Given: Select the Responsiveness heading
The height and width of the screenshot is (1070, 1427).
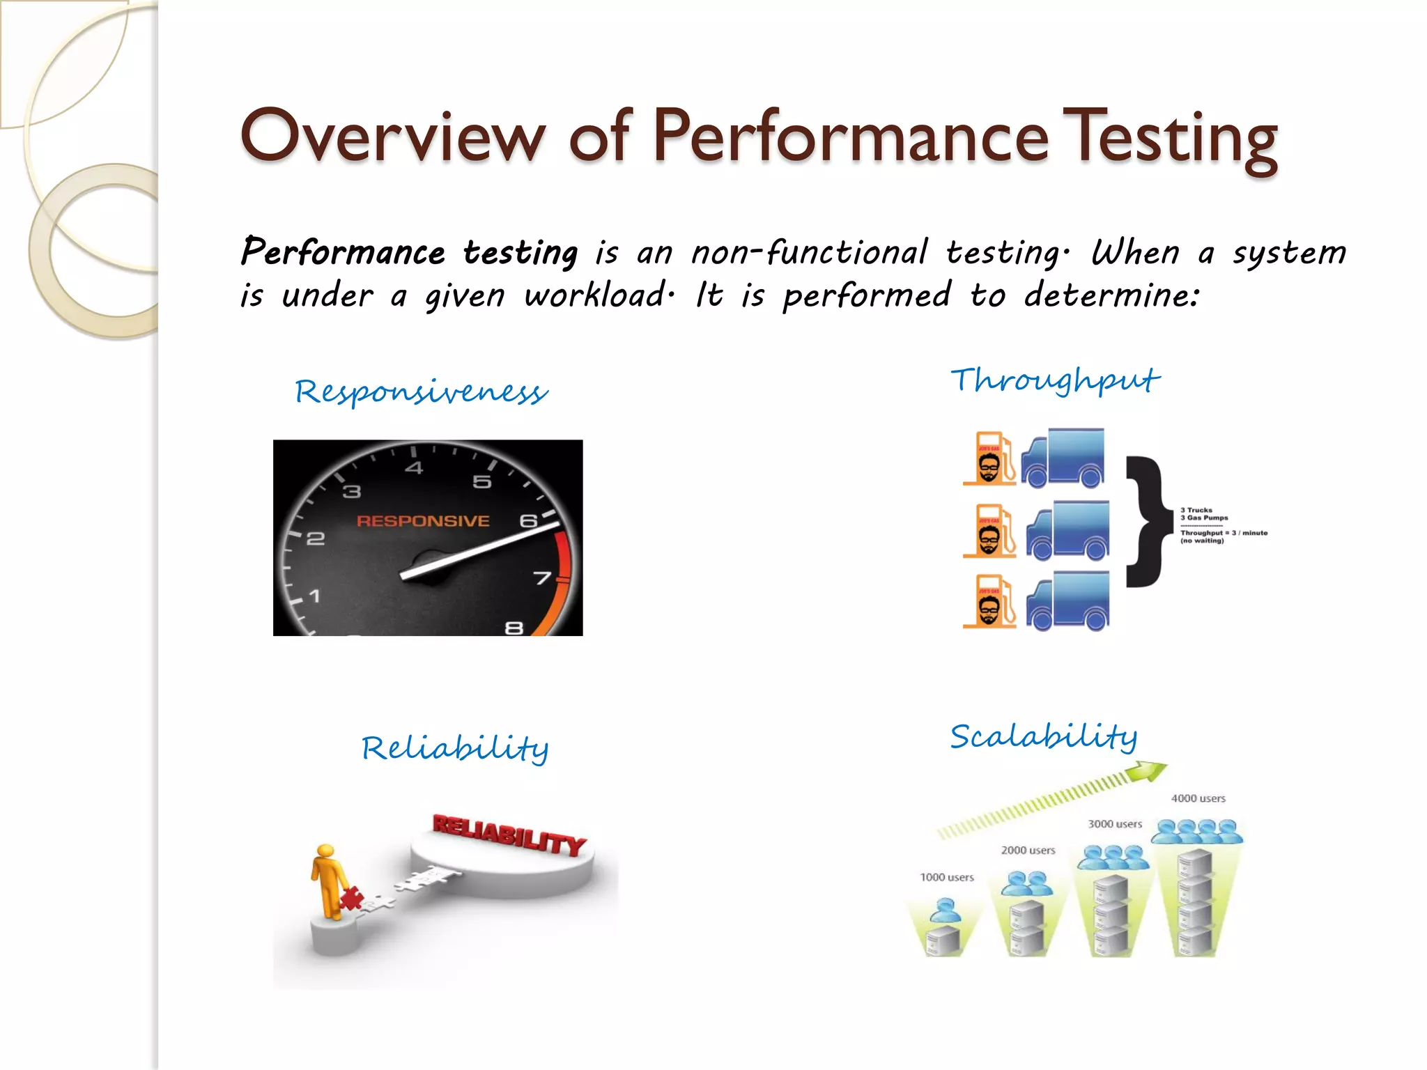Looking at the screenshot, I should [x=421, y=391].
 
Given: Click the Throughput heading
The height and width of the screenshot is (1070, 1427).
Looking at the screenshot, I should [x=1055, y=380].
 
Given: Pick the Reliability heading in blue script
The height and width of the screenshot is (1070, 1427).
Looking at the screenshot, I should [x=455, y=748].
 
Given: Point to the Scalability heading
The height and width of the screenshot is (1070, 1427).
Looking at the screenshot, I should [x=1043, y=736].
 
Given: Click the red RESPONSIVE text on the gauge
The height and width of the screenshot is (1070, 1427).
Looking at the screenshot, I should [x=423, y=521].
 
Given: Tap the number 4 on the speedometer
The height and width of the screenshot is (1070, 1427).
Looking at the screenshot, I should [x=414, y=468].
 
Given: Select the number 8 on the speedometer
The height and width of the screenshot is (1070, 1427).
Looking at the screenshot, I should [x=514, y=628].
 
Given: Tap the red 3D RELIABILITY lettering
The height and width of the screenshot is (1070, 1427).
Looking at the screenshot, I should [x=509, y=834].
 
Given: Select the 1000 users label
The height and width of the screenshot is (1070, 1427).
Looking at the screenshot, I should [x=946, y=877].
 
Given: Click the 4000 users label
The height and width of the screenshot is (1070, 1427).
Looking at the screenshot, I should [x=1198, y=798].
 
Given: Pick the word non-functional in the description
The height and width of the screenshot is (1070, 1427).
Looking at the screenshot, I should [x=809, y=252].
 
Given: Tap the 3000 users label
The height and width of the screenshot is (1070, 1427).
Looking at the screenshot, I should [x=1115, y=824].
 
